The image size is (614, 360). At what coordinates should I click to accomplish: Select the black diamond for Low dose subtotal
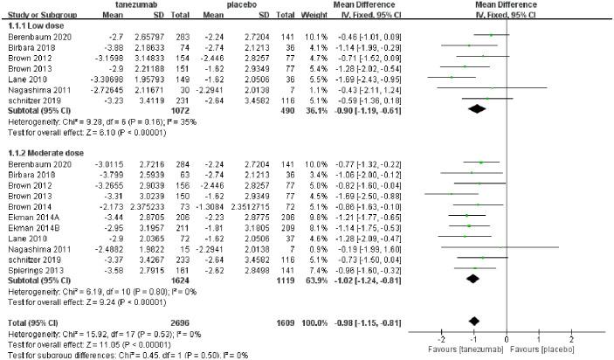point(477,109)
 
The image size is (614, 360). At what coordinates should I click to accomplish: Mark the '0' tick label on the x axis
point(507,338)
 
